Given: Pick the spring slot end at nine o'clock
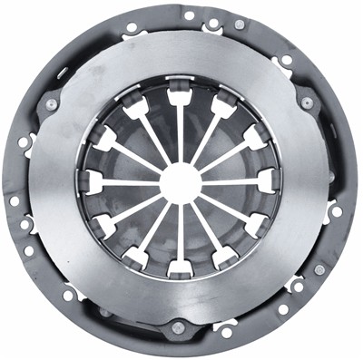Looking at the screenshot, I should (92, 182).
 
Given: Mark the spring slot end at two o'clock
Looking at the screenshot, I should (257, 136).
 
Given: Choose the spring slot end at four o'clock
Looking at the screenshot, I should (258, 224).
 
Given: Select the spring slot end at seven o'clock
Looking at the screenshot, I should (136, 258).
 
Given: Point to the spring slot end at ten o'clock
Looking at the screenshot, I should (103, 138).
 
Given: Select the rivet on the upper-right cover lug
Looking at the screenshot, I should (306, 102).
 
